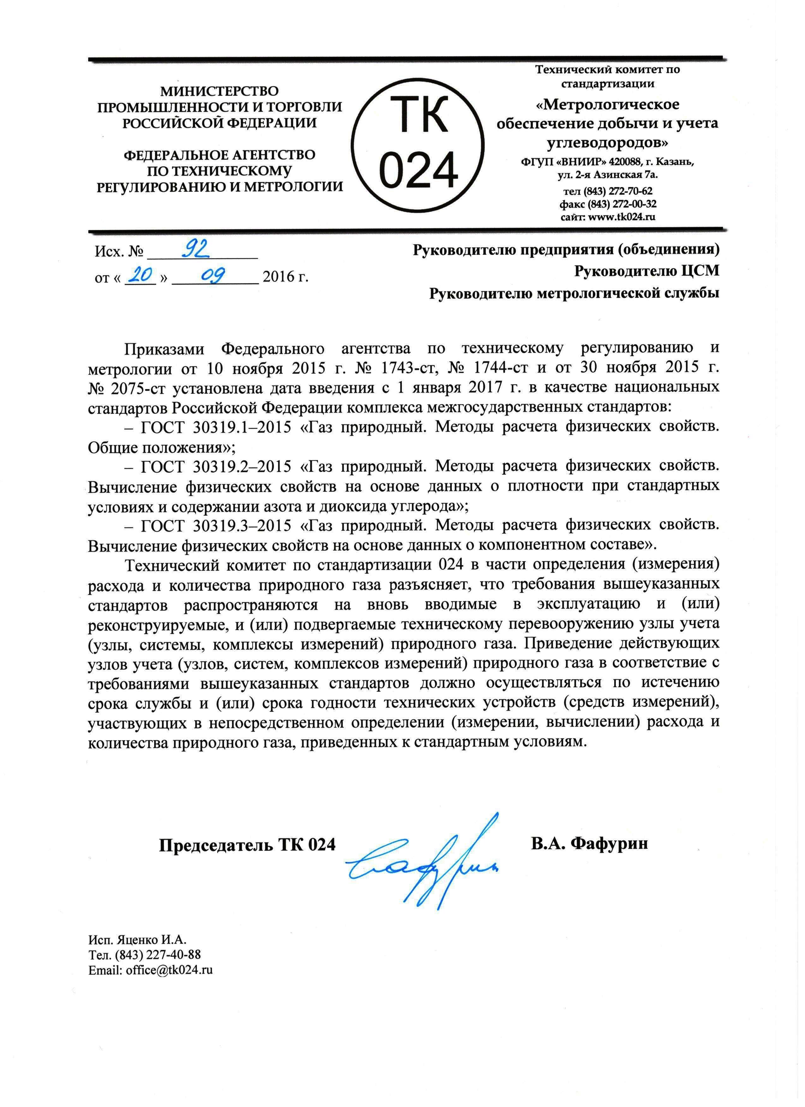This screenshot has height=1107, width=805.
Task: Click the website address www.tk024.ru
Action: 622,217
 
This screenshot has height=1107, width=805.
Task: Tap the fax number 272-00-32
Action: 625,204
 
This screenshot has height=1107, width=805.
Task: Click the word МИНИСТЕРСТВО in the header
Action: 220,91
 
